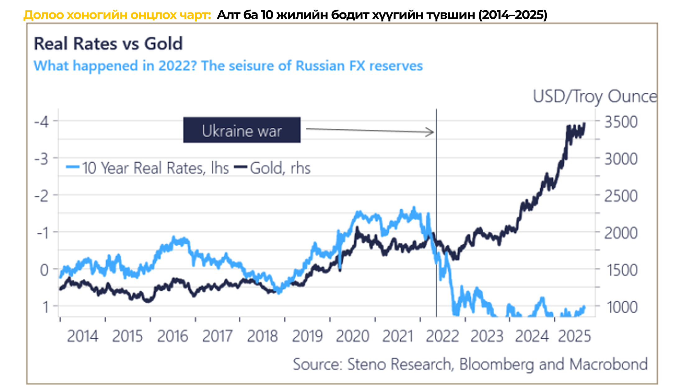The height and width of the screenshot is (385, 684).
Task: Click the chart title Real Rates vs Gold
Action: coord(108,44)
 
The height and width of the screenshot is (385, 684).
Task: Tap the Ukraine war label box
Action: coord(242,130)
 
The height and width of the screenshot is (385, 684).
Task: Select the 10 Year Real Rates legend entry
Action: coord(148,168)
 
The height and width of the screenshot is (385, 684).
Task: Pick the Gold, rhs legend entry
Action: coord(273,168)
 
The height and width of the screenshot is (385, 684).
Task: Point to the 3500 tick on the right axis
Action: coord(621,122)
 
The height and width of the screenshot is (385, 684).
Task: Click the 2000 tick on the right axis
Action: coord(621,233)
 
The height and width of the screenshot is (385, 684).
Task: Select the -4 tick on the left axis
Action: coord(42,122)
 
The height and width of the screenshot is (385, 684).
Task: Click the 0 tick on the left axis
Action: coord(44,270)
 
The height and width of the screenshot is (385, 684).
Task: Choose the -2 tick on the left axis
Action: coord(42,196)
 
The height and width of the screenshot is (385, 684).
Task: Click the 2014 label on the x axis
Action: coord(82,336)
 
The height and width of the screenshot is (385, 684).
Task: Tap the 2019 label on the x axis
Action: coord(307,336)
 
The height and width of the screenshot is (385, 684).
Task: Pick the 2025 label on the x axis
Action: coord(574,336)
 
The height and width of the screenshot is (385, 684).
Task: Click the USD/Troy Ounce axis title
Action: coord(595,96)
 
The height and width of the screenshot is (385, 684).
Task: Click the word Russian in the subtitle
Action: coord(320,66)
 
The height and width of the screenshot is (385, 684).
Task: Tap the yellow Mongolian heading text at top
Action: coord(117,15)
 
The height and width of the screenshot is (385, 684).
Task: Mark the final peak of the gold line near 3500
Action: coord(585,123)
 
